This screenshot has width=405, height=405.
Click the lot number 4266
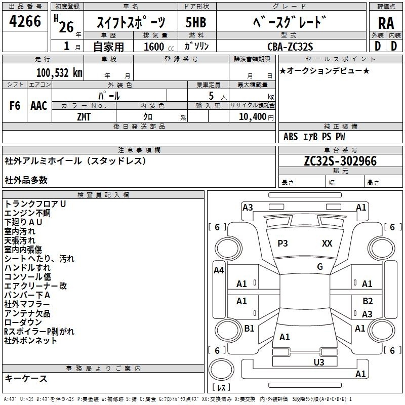coord(25,21)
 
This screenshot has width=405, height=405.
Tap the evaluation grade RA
coord(386,23)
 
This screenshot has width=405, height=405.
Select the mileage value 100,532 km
coord(59,73)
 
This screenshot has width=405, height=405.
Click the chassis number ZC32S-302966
coord(340,161)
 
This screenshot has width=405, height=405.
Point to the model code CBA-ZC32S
coord(290,47)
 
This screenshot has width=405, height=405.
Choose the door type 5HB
coord(196,22)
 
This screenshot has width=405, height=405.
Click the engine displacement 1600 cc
coord(159,47)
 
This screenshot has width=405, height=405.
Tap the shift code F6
coord(15,106)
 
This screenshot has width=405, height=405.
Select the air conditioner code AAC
coord(39,106)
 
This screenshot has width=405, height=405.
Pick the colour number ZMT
coord(84,117)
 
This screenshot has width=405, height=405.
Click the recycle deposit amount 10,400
coord(253,117)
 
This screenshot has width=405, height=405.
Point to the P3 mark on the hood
coord(282,244)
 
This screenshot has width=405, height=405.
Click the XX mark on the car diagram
coord(327,244)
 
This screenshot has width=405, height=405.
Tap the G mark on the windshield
coord(320,267)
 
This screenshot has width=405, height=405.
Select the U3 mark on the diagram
coord(319,362)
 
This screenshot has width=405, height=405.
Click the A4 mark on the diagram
coord(219,270)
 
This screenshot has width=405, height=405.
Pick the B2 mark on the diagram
coord(368,301)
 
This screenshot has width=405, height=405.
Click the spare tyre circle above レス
coord(221,370)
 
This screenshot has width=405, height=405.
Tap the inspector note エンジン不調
coord(27,213)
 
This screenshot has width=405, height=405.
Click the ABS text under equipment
coord(291,137)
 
